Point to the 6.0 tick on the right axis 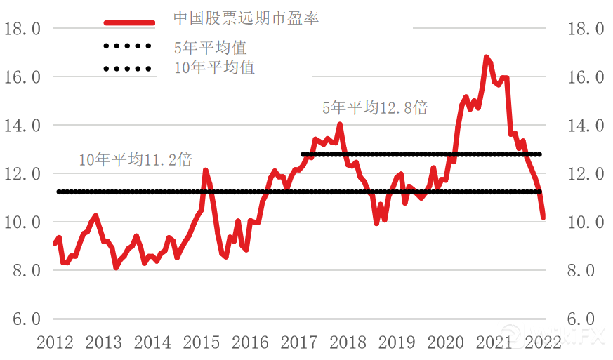coord(584,319)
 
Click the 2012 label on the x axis coord(55,342)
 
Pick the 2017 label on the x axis coord(298,342)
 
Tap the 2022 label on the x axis coord(542,342)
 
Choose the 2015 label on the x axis coord(201,342)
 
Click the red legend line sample coord(129,22)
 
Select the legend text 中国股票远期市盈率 coord(246,18)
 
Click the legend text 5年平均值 coord(211,48)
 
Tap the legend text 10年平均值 coord(214,67)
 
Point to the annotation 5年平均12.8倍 coord(374,108)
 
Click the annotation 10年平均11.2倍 coord(135,160)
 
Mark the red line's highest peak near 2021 coord(486,57)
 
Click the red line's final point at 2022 coord(543,218)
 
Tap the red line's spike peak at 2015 coord(205,171)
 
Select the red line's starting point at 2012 coord(55,244)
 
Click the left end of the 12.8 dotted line coord(303,154)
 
